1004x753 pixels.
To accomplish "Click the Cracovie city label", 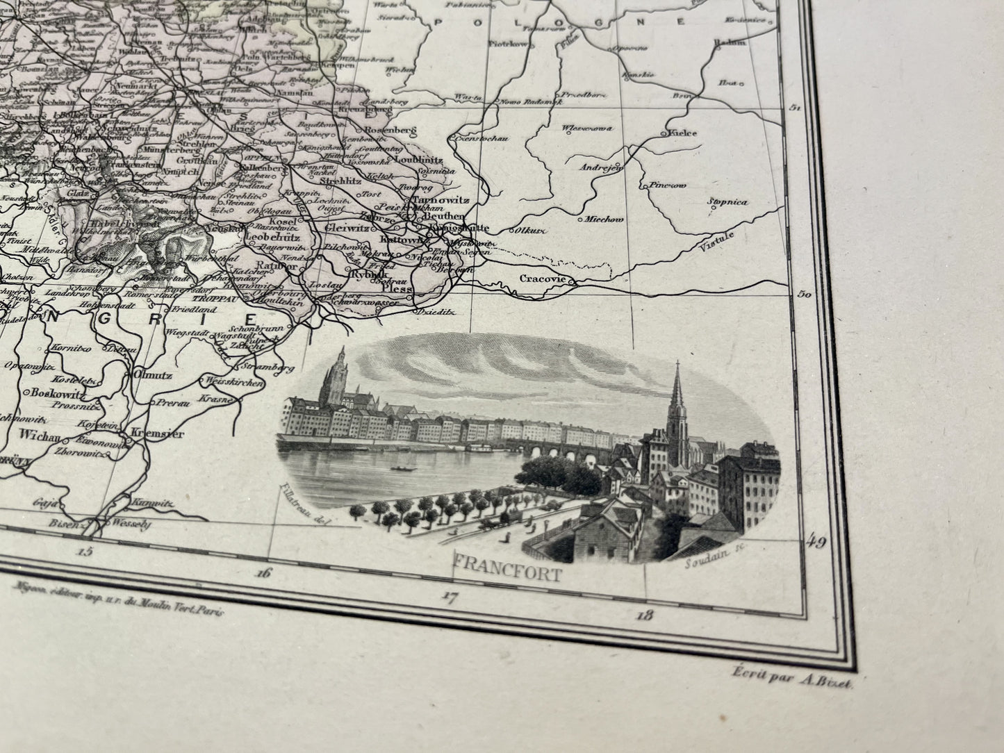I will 541,279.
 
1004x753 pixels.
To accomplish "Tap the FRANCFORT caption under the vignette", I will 507,574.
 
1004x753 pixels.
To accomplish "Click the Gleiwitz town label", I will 349,226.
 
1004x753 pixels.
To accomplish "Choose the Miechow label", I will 605,220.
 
